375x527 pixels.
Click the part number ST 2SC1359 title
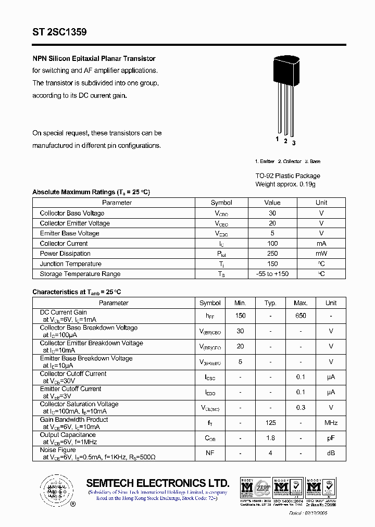coord(59,32)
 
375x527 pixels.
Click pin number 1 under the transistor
coord(278,139)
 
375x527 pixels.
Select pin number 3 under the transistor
coord(294,143)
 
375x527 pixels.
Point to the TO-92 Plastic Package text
coord(287,176)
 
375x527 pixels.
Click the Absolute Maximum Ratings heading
coord(91,192)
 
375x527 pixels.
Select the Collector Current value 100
coord(272,244)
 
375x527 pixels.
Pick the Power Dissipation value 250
coord(272,254)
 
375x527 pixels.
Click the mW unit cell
coord(321,254)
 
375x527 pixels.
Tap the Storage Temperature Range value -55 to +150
coord(272,274)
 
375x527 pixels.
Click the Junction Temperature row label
coord(70,264)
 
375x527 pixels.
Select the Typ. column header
coord(270,303)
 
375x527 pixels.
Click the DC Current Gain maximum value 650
coord(301,316)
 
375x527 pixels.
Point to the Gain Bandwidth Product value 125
coord(270,423)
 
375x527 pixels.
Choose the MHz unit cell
coord(331,423)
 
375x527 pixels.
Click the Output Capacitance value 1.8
coord(270,438)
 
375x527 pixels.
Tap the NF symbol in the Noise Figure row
coord(210,453)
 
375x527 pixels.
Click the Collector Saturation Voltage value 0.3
coord(301,408)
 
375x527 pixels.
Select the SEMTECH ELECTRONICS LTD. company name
coord(157,483)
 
